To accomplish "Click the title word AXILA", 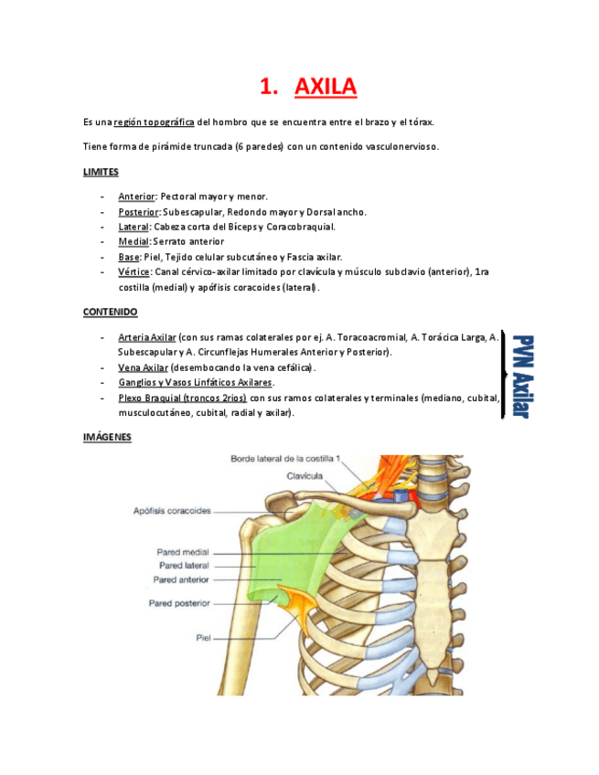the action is click(x=326, y=87).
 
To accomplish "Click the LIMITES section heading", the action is click(x=101, y=172).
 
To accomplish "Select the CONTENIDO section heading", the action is click(x=110, y=313).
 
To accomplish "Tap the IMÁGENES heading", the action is click(x=107, y=438).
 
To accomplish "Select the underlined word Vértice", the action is click(x=134, y=272).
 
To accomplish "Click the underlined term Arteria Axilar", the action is click(x=146, y=337).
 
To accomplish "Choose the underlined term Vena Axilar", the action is click(x=143, y=367).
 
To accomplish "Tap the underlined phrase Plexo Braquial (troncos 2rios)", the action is click(x=181, y=398).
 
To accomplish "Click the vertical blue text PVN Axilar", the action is click(x=521, y=376).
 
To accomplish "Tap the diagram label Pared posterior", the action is click(x=179, y=603).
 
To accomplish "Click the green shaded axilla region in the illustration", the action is click(x=274, y=548).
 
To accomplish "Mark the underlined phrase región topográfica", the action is click(x=154, y=122).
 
